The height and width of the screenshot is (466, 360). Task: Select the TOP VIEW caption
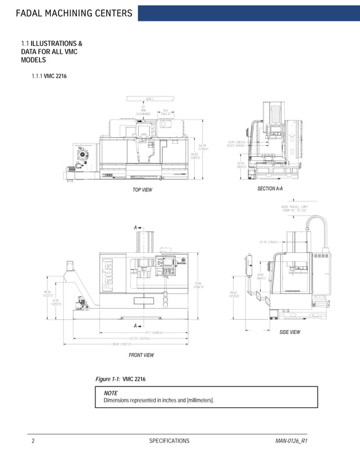point(142,190)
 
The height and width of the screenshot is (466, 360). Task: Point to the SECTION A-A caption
point(270,188)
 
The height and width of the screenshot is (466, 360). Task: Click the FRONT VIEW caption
point(141,355)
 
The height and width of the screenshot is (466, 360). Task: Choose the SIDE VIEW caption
point(290,332)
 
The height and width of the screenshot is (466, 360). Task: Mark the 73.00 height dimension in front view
point(199,285)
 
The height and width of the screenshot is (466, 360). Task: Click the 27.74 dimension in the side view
point(268,243)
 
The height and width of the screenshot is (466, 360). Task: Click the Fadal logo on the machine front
point(106,276)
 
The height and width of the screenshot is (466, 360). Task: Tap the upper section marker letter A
point(135,227)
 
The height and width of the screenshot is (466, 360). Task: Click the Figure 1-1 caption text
point(122,379)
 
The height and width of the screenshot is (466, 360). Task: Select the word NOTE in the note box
point(111,393)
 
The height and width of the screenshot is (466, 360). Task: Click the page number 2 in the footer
point(33,441)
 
